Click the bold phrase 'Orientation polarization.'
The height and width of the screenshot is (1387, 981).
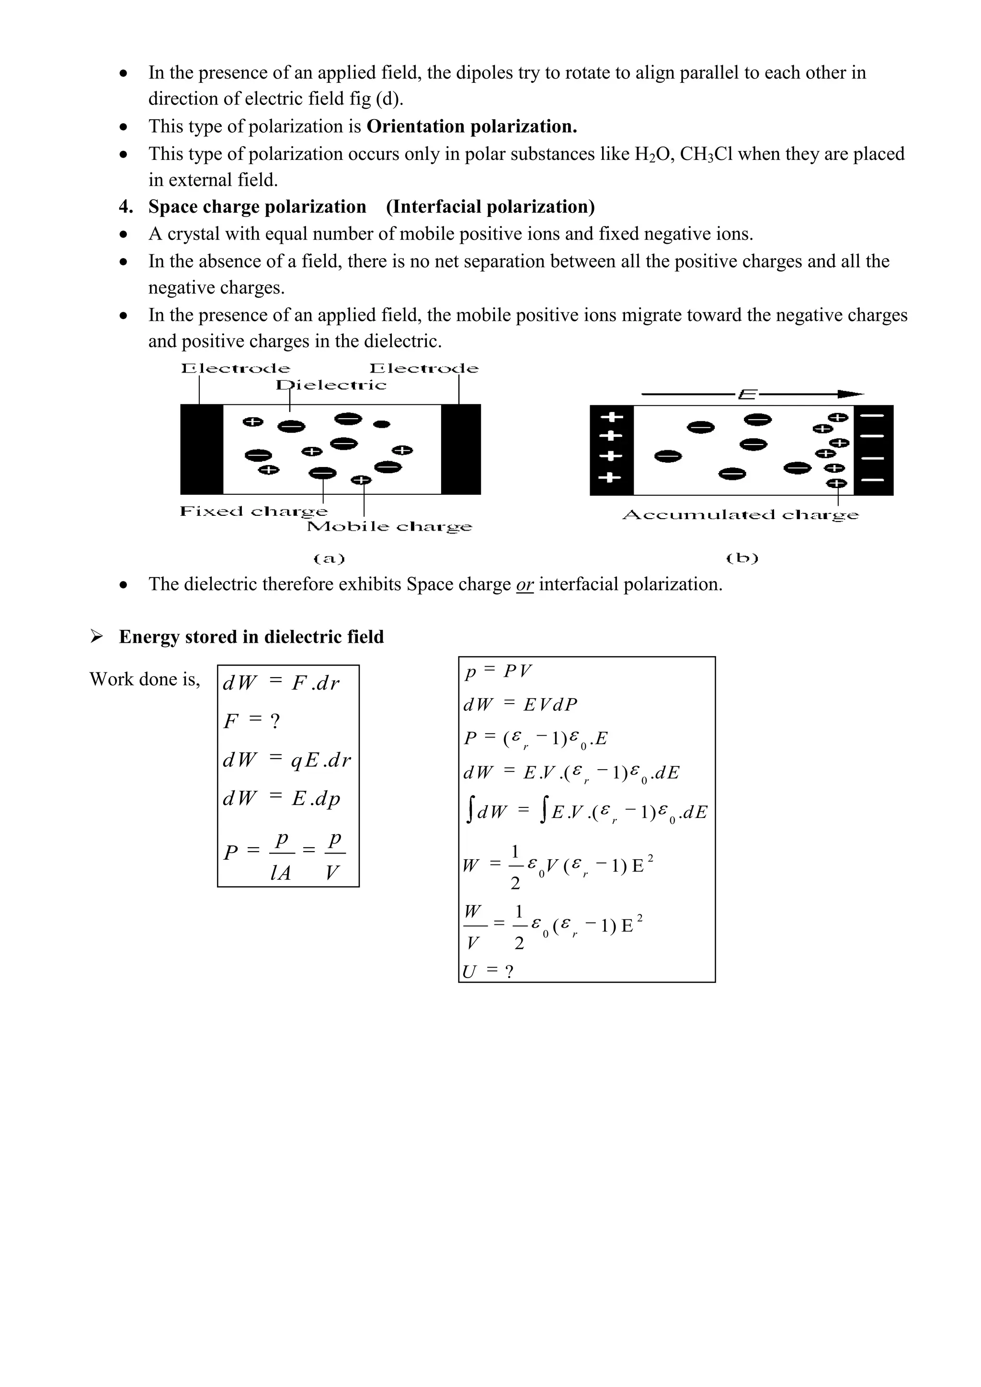(472, 126)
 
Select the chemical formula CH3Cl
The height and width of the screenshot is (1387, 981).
(706, 155)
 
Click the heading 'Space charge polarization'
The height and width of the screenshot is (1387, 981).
(257, 206)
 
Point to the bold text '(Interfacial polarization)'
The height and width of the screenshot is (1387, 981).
(490, 206)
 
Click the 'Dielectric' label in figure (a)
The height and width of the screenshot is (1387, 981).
(331, 385)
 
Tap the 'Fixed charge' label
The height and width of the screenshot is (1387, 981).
(254, 512)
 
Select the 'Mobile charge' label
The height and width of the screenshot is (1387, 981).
(389, 527)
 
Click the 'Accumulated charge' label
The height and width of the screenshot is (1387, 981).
(741, 515)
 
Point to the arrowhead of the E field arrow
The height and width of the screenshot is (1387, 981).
(852, 395)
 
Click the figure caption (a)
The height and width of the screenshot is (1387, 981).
(329, 559)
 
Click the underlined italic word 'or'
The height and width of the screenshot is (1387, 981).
(525, 584)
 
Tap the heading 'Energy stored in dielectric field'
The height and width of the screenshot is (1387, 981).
(251, 637)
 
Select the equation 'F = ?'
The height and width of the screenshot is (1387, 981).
(251, 721)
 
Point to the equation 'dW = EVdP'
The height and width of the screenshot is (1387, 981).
(520, 705)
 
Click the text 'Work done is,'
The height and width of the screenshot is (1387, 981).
(144, 679)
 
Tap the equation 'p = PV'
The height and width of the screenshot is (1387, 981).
(498, 671)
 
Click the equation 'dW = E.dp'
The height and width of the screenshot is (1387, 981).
(282, 798)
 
